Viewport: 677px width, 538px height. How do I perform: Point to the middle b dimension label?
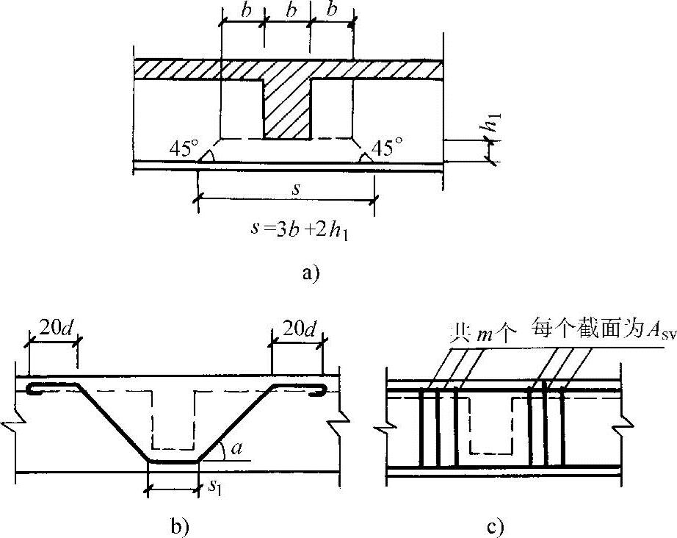[x=288, y=12]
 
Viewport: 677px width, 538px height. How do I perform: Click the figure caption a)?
[x=311, y=274]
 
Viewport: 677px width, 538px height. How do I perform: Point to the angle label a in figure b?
[x=236, y=448]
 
